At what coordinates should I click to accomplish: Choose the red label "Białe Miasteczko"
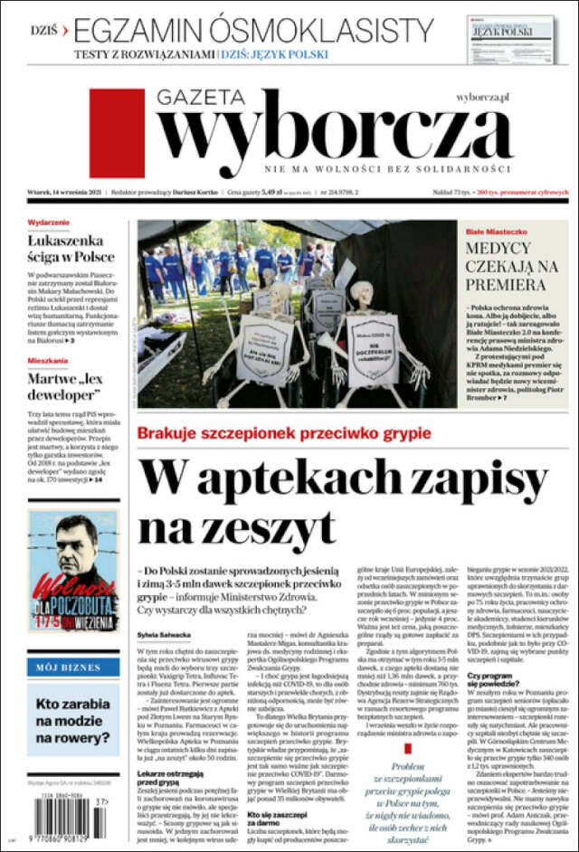[x=495, y=232]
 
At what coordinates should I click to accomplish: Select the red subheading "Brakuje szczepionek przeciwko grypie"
[x=287, y=432]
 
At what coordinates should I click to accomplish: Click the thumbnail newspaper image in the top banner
[x=512, y=39]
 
